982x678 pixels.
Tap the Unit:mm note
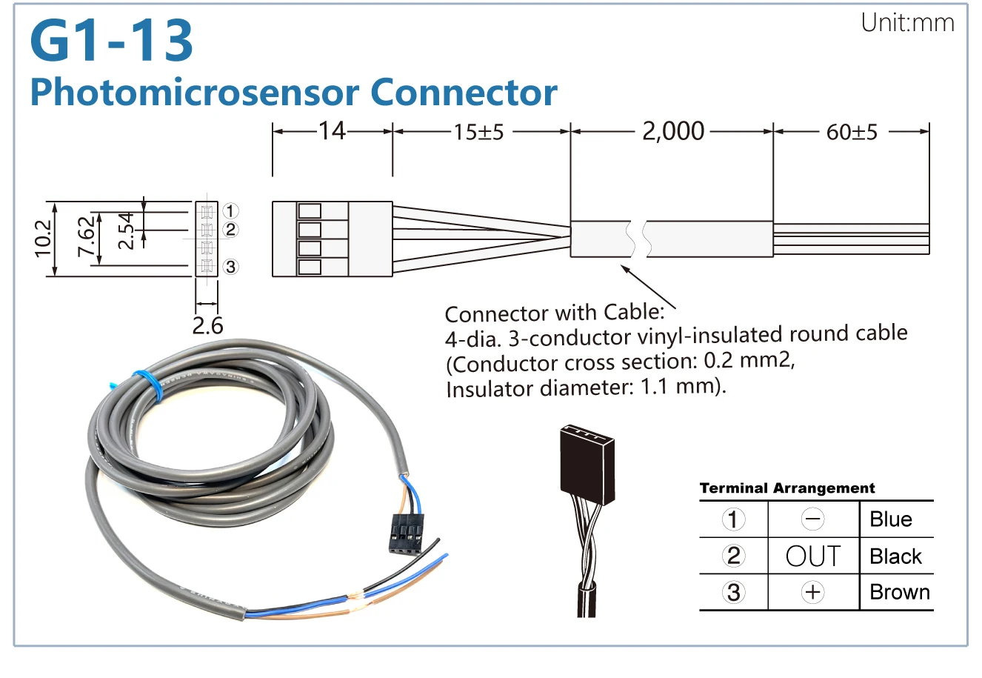(x=907, y=23)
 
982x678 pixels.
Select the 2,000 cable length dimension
(x=672, y=131)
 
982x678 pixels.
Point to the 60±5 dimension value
(x=852, y=133)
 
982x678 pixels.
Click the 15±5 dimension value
(x=478, y=133)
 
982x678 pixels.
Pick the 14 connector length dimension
(x=332, y=131)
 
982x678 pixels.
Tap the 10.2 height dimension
(x=44, y=238)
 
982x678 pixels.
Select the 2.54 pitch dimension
(x=127, y=230)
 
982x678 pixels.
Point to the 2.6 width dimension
(x=207, y=325)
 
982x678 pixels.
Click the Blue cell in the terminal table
(x=890, y=519)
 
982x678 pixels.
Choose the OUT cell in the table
(x=812, y=556)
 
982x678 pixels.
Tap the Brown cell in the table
(x=899, y=592)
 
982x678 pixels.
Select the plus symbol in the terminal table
(x=812, y=592)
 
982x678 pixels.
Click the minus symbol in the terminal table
(x=812, y=519)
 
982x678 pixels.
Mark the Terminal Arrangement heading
(x=786, y=488)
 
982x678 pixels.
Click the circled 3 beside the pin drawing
(x=230, y=266)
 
